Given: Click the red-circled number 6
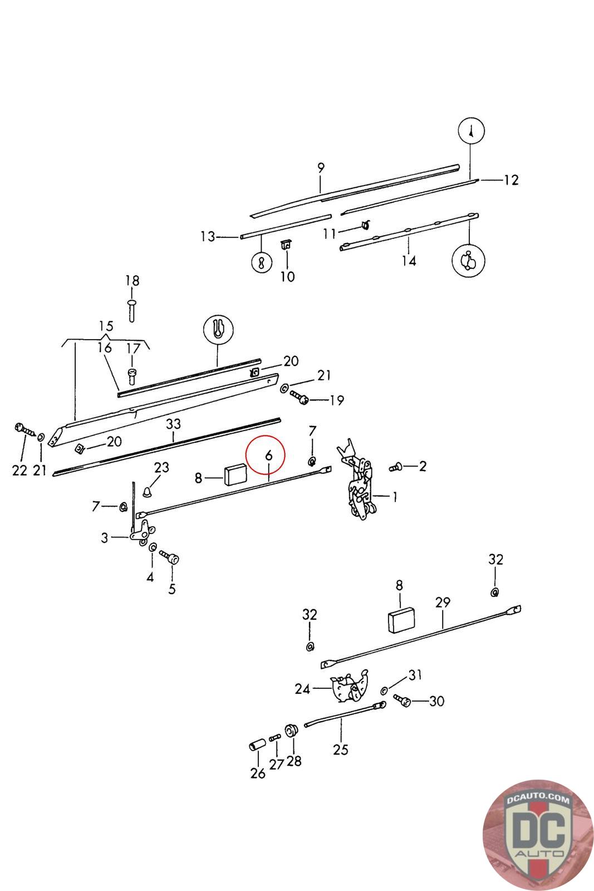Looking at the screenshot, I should click(x=268, y=454).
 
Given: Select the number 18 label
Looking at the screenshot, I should click(x=132, y=281).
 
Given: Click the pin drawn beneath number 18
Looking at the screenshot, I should click(x=132, y=309).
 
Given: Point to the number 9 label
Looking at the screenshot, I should click(x=321, y=167).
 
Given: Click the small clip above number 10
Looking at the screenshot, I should click(x=287, y=244).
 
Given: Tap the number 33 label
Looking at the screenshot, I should click(x=174, y=424).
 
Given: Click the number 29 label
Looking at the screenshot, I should click(x=443, y=602).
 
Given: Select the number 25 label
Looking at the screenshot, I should click(x=340, y=750).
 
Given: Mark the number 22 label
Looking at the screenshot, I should click(x=19, y=470).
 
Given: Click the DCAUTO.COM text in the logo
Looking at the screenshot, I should click(x=538, y=800).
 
